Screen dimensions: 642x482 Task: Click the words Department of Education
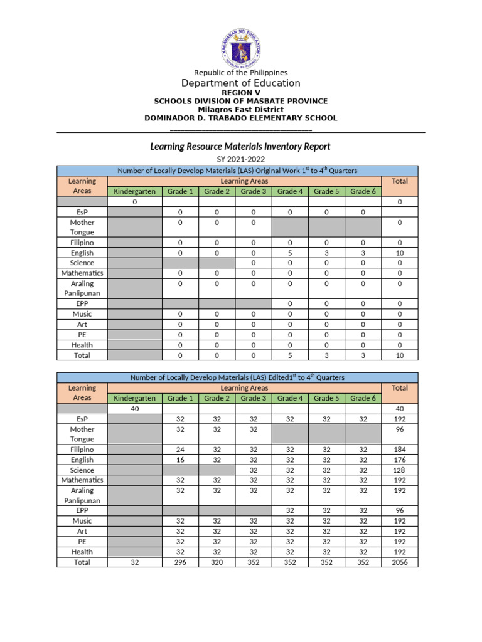click(241, 83)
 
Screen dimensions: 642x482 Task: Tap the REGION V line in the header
click(241, 93)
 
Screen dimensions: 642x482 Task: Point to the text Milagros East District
click(241, 109)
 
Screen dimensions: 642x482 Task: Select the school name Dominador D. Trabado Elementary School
click(241, 118)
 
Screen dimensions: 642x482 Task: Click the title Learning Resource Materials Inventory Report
click(240, 147)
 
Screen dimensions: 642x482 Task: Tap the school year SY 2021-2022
click(241, 160)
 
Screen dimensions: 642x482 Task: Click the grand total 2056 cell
click(400, 562)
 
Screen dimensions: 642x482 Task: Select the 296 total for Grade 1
click(180, 562)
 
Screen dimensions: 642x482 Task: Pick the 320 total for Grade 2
click(217, 562)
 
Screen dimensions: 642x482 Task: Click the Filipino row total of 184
click(400, 450)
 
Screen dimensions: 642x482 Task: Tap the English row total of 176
click(400, 460)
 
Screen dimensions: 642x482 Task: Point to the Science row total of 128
click(400, 470)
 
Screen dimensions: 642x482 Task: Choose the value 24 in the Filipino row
click(180, 450)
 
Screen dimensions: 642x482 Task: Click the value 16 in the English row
click(180, 460)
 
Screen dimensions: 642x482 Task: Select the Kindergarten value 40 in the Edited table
click(134, 409)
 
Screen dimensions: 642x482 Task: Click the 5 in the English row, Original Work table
click(290, 253)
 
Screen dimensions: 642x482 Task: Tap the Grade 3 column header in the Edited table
click(254, 398)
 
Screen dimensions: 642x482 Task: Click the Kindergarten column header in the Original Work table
click(134, 191)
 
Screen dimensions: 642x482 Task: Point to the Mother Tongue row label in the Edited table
click(82, 434)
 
